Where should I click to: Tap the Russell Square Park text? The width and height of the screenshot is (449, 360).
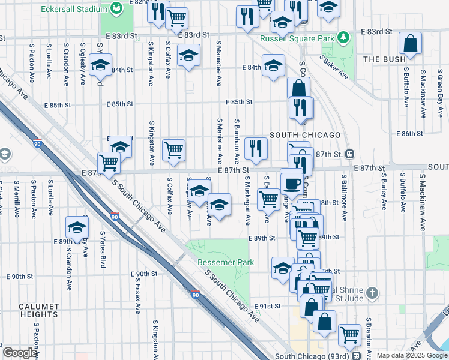click(297, 38)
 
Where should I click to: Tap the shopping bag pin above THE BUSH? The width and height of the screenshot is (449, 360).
click(411, 44)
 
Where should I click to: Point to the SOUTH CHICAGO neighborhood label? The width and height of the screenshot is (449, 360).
click(305, 135)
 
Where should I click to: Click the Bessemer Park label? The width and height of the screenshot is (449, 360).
click(226, 262)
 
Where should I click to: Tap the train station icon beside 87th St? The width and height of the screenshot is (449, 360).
click(349, 154)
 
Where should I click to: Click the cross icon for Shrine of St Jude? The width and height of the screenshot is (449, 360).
click(372, 293)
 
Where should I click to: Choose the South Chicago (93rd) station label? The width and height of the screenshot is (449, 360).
click(312, 356)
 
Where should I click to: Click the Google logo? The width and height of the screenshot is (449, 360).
click(20, 353)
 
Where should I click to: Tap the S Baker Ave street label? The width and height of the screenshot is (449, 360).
click(334, 67)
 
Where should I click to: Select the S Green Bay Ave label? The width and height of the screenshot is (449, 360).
click(440, 86)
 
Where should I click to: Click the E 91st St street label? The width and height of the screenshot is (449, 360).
click(267, 307)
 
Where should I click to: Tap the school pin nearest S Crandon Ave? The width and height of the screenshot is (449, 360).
click(77, 227)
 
